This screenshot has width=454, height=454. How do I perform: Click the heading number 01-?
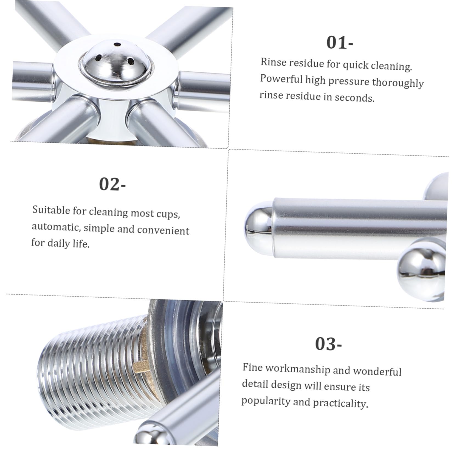tap(340, 43)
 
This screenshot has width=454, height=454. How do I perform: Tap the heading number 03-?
tap(328, 344)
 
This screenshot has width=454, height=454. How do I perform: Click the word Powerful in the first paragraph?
tap(281, 79)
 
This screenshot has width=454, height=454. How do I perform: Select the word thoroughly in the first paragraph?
tap(398, 83)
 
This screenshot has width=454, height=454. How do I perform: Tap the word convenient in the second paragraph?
tap(163, 230)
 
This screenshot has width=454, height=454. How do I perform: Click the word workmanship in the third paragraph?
tap(298, 369)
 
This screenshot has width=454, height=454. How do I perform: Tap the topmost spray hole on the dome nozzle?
tap(118, 44)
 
